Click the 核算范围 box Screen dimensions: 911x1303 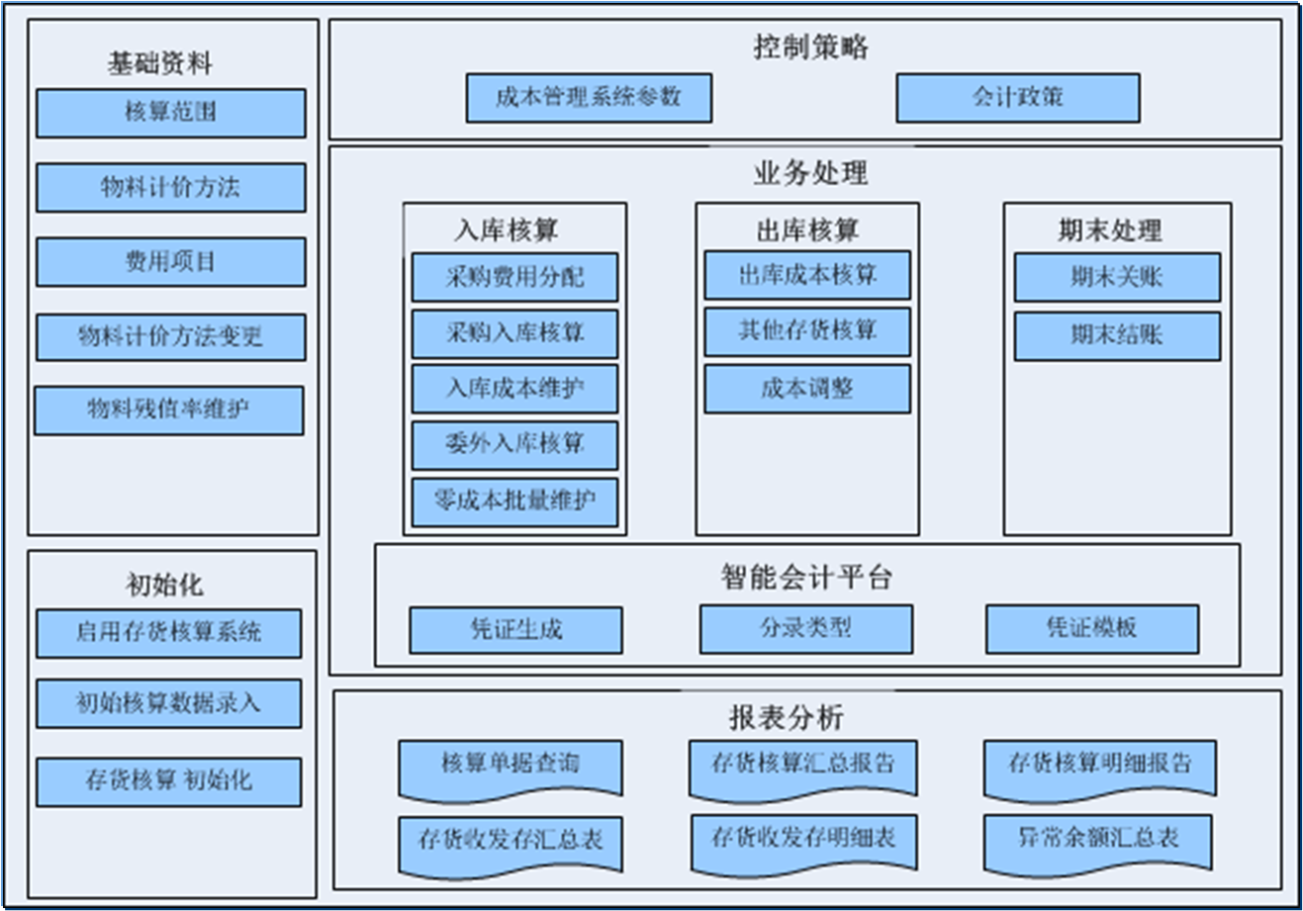pos(170,113)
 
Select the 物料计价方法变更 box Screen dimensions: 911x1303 pos(170,337)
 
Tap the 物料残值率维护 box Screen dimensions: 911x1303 pos(168,410)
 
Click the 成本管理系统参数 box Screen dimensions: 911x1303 pos(589,98)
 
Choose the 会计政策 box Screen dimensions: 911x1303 pos(1017,98)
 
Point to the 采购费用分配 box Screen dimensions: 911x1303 pos(514,277)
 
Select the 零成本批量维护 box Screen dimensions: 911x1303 pos(514,501)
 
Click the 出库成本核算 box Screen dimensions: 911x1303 pos(806,275)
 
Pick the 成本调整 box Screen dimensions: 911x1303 pos(806,389)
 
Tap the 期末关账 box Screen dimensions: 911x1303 pos(1116,277)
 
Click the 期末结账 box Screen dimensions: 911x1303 pos(1116,336)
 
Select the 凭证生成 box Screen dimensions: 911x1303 pos(515,630)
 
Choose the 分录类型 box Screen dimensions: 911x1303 pos(805,628)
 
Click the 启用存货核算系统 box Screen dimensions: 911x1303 pos(168,633)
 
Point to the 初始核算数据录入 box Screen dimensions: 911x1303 pos(168,703)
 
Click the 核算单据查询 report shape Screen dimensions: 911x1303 pos(510,767)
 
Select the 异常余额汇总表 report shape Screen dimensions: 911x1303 pos(1099,841)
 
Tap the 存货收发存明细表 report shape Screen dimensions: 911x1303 pos(803,841)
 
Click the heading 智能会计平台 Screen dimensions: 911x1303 pos(806,577)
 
